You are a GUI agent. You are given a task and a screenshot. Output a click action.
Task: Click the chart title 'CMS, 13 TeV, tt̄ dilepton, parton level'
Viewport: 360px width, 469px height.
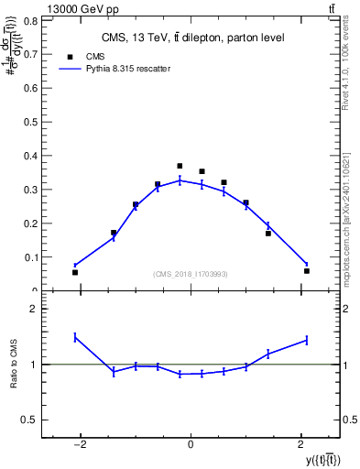[x=191, y=38]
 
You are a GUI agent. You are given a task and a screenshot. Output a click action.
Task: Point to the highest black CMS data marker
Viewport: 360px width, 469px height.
[x=180, y=166]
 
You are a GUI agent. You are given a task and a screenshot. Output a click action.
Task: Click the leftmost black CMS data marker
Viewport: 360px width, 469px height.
[x=75, y=272]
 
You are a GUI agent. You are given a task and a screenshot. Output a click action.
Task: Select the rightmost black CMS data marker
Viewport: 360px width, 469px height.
[x=307, y=270]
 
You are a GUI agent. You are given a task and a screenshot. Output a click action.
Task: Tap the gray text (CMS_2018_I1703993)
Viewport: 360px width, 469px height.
[x=191, y=274]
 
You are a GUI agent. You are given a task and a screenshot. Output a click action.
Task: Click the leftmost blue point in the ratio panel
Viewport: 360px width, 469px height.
[x=75, y=337]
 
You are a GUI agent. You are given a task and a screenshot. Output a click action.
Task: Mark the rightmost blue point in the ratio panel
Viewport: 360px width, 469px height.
[x=307, y=340]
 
